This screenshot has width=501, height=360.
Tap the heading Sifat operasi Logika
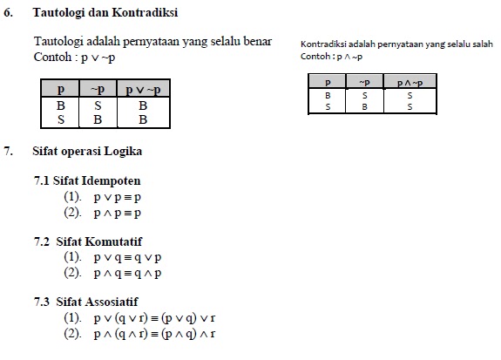coord(87,151)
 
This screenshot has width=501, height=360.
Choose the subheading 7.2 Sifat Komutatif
coord(88,241)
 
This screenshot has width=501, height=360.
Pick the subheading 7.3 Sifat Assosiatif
coord(87,302)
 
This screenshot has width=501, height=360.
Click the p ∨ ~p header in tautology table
coord(143,89)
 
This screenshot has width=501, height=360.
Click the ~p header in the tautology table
coord(98,89)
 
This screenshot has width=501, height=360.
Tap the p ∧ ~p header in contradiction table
coord(410,82)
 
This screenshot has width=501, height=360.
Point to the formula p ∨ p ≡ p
coord(117,197)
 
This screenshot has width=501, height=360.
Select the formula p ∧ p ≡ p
coord(117,213)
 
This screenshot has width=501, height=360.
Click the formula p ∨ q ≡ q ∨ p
coord(127,257)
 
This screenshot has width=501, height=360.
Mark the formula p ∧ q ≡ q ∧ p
coord(127,273)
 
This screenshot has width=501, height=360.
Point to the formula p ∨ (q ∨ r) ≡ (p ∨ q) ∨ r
coord(153,318)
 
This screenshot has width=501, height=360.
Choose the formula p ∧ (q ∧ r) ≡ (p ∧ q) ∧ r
coord(153,334)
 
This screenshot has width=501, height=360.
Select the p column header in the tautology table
coord(60,89)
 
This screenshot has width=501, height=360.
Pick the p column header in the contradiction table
coord(327,82)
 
